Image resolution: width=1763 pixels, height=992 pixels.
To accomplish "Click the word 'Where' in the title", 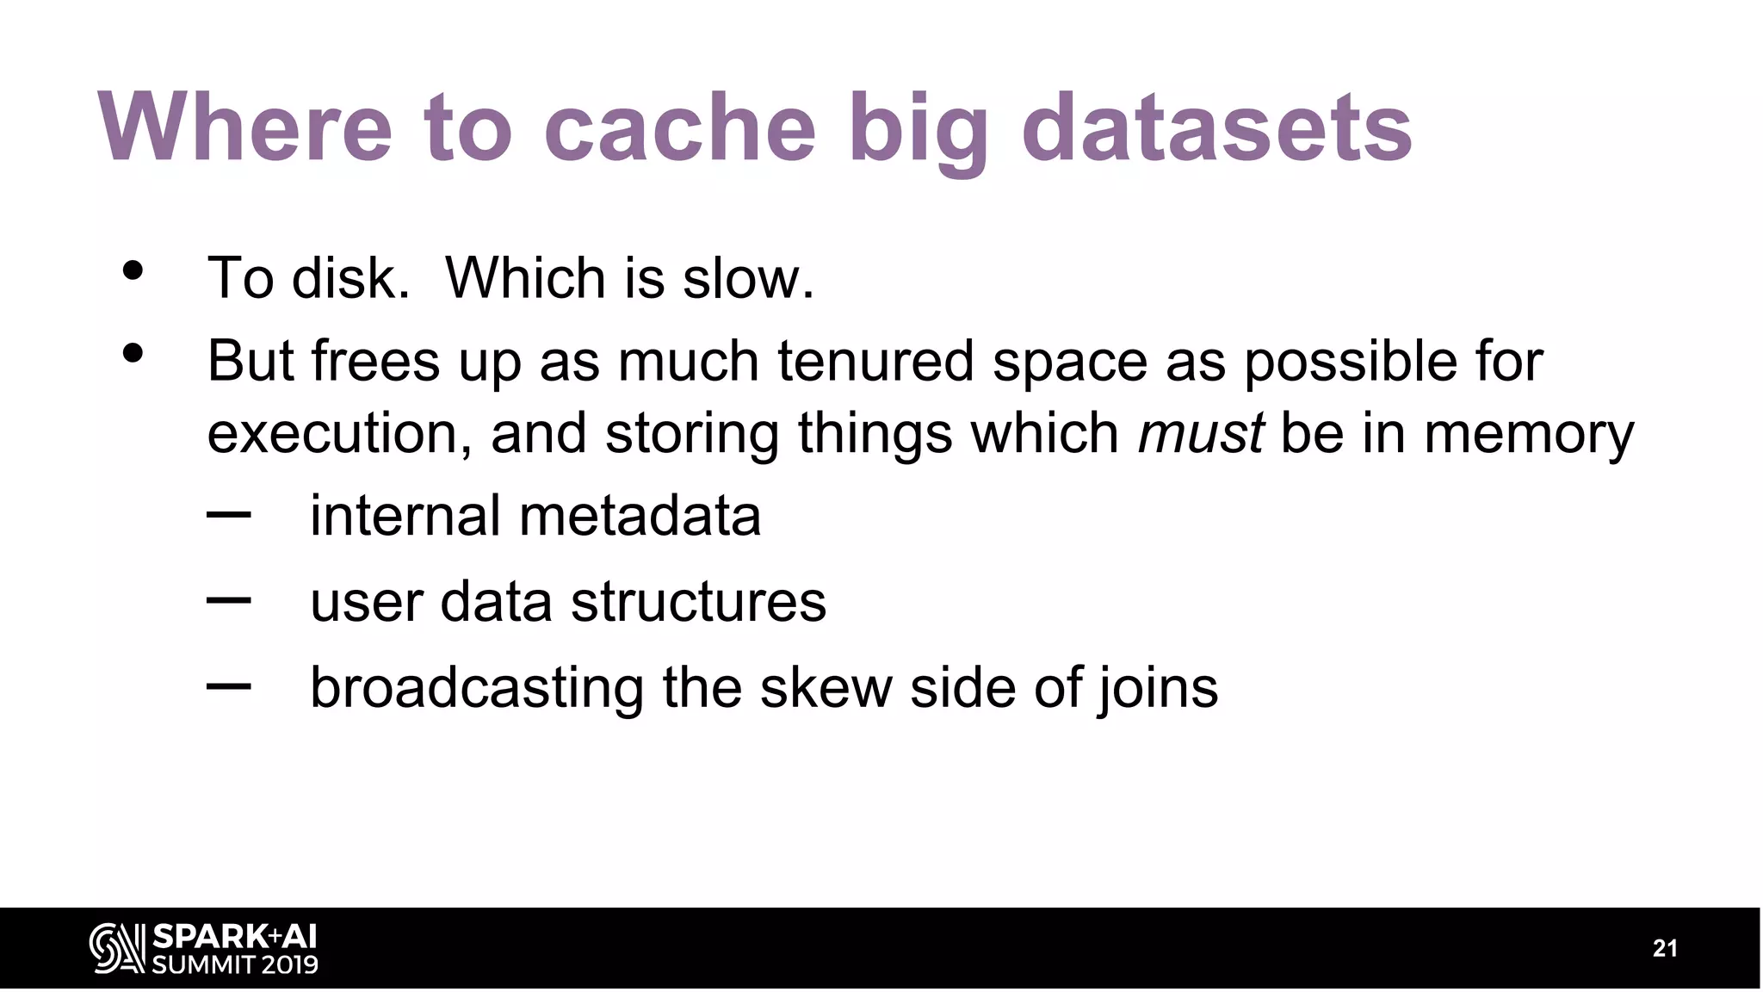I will click(244, 127).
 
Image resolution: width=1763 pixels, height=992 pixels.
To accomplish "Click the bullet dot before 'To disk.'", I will click(133, 270).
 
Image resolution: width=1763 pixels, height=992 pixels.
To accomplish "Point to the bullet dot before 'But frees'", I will click(133, 353).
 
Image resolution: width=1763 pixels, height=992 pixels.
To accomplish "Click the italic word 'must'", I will click(1200, 432).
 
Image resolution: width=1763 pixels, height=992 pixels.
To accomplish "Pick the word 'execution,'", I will click(339, 432).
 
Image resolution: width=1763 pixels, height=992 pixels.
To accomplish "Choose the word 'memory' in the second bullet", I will click(1528, 432).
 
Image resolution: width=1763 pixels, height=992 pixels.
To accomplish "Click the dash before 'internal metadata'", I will click(229, 515).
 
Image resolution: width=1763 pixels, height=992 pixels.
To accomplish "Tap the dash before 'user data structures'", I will click(229, 599).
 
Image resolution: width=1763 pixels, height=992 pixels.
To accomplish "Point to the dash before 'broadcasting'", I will click(229, 685).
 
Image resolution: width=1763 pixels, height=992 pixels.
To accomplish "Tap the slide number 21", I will click(1665, 948).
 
